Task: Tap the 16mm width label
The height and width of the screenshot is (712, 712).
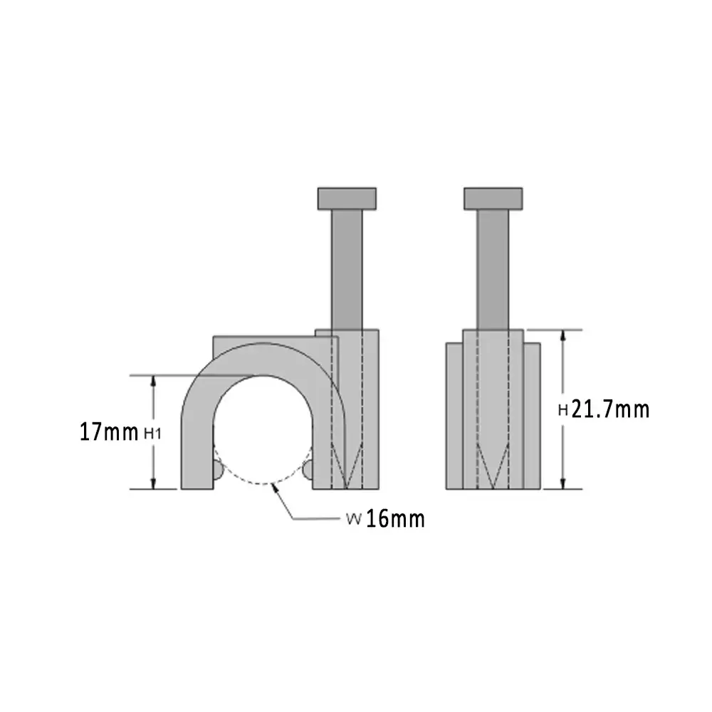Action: [x=396, y=519]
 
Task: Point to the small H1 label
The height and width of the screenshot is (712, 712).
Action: [x=153, y=433]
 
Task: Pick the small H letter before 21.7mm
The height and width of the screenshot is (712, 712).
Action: [x=562, y=410]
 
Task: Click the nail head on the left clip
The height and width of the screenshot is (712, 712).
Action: [x=347, y=198]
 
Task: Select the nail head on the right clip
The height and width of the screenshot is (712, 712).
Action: [x=493, y=198]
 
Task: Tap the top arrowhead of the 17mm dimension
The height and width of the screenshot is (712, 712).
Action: [x=153, y=380]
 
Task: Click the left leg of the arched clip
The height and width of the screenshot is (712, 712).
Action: [x=197, y=449]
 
